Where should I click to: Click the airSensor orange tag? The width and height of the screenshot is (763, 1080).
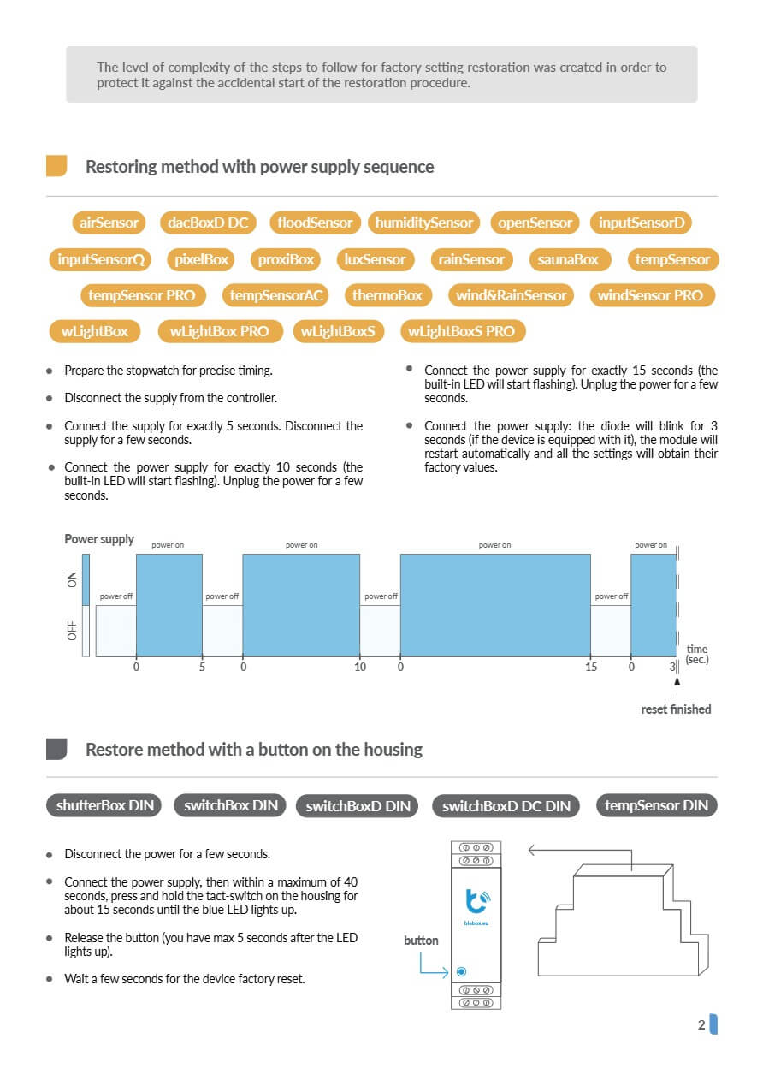pos(109,223)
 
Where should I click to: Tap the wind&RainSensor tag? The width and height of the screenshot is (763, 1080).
pos(511,295)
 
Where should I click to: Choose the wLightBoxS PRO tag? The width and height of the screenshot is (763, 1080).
pos(463,331)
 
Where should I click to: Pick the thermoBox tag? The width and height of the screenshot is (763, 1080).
pos(388,295)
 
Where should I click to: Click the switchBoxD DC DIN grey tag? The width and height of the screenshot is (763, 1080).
pos(506,805)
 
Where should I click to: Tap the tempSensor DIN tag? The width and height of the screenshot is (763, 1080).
pos(656,805)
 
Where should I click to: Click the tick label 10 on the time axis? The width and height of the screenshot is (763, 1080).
pos(360,667)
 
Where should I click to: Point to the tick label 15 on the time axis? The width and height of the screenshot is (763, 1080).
pos(591,667)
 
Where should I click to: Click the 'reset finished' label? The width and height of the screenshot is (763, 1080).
pos(676,709)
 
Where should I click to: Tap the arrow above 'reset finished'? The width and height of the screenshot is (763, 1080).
pos(677,685)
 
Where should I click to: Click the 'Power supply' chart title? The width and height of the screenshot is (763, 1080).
pos(99,539)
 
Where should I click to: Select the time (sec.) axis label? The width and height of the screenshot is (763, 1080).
pos(697,655)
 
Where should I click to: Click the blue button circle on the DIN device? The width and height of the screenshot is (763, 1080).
pos(461,971)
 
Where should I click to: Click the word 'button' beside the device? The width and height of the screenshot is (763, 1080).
pos(421,941)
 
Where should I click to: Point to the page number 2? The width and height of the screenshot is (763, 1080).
pos(701,1024)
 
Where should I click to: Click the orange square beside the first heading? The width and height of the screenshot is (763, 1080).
pos(56,166)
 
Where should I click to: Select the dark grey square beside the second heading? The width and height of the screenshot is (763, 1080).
pos(56,749)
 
